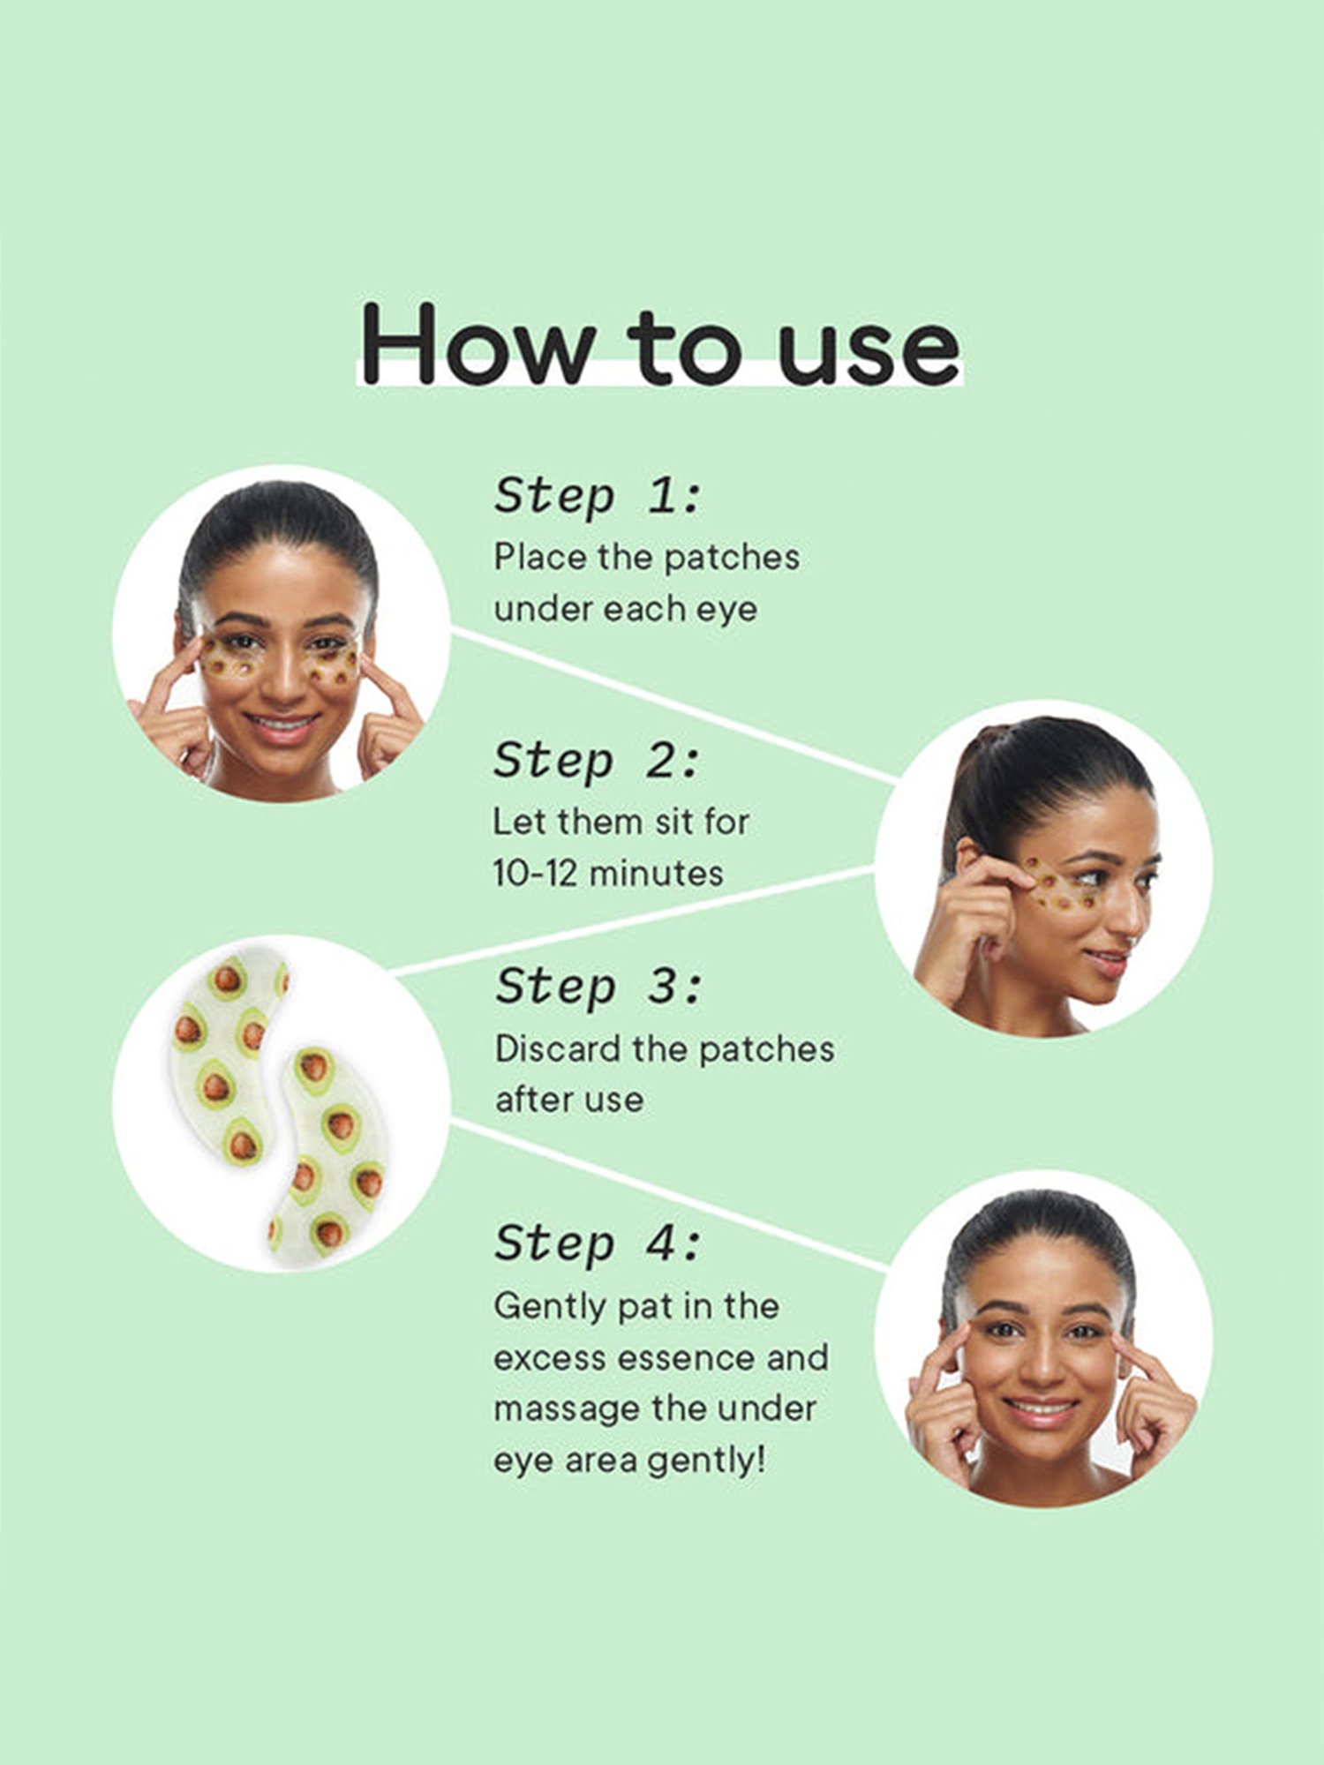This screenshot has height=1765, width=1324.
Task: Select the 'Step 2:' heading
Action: point(597,760)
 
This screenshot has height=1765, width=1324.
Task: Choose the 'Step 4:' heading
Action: point(597,1243)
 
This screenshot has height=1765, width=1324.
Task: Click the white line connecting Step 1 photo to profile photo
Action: point(671,706)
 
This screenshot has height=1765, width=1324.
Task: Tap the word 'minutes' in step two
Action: point(657,874)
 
